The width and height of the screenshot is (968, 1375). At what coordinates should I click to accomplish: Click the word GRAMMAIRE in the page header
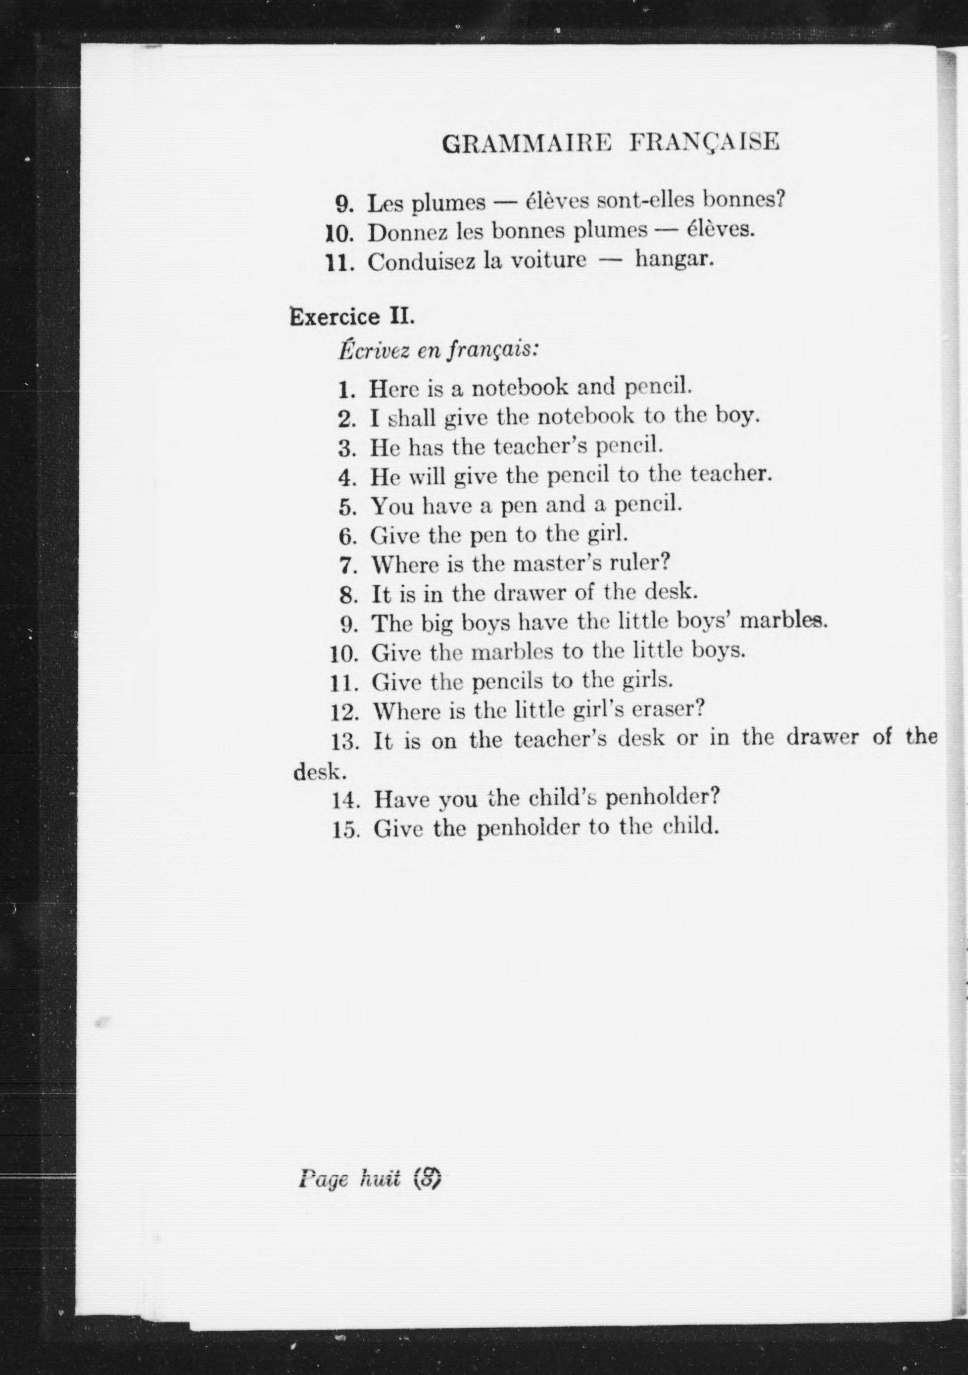(x=526, y=144)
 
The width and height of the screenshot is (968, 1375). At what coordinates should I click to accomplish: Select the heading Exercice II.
(x=352, y=316)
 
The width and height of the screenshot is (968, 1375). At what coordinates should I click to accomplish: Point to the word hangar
(x=674, y=260)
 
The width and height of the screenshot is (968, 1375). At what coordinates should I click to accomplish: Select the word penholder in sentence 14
(x=662, y=797)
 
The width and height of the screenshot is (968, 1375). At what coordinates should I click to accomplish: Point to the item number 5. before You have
(x=348, y=507)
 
